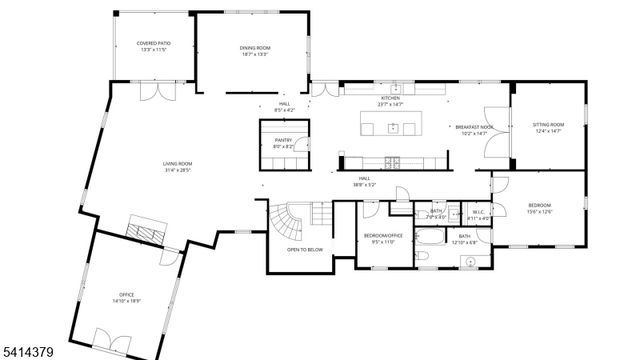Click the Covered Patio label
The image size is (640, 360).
[151, 45]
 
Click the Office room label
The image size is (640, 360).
[125, 294]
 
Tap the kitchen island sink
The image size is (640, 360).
[394, 127]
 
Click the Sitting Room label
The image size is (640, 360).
[549, 125]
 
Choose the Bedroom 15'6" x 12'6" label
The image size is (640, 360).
[539, 205]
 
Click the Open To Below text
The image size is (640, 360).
[305, 249]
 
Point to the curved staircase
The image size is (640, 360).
[285, 219]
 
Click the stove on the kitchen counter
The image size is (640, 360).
[392, 160]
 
